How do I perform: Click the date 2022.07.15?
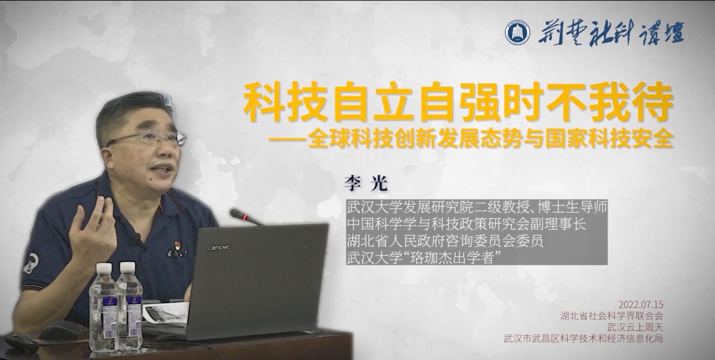pos(641,304)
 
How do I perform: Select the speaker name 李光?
pos(366,183)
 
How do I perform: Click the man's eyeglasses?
pos(147,139)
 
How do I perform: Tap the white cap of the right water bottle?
pos(127,266)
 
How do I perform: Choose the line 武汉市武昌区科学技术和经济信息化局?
pos(583,339)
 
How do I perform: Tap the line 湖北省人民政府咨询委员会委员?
pos(445,240)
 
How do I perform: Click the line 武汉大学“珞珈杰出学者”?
pos(423,258)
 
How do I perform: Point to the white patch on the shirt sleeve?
pos(31,262)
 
